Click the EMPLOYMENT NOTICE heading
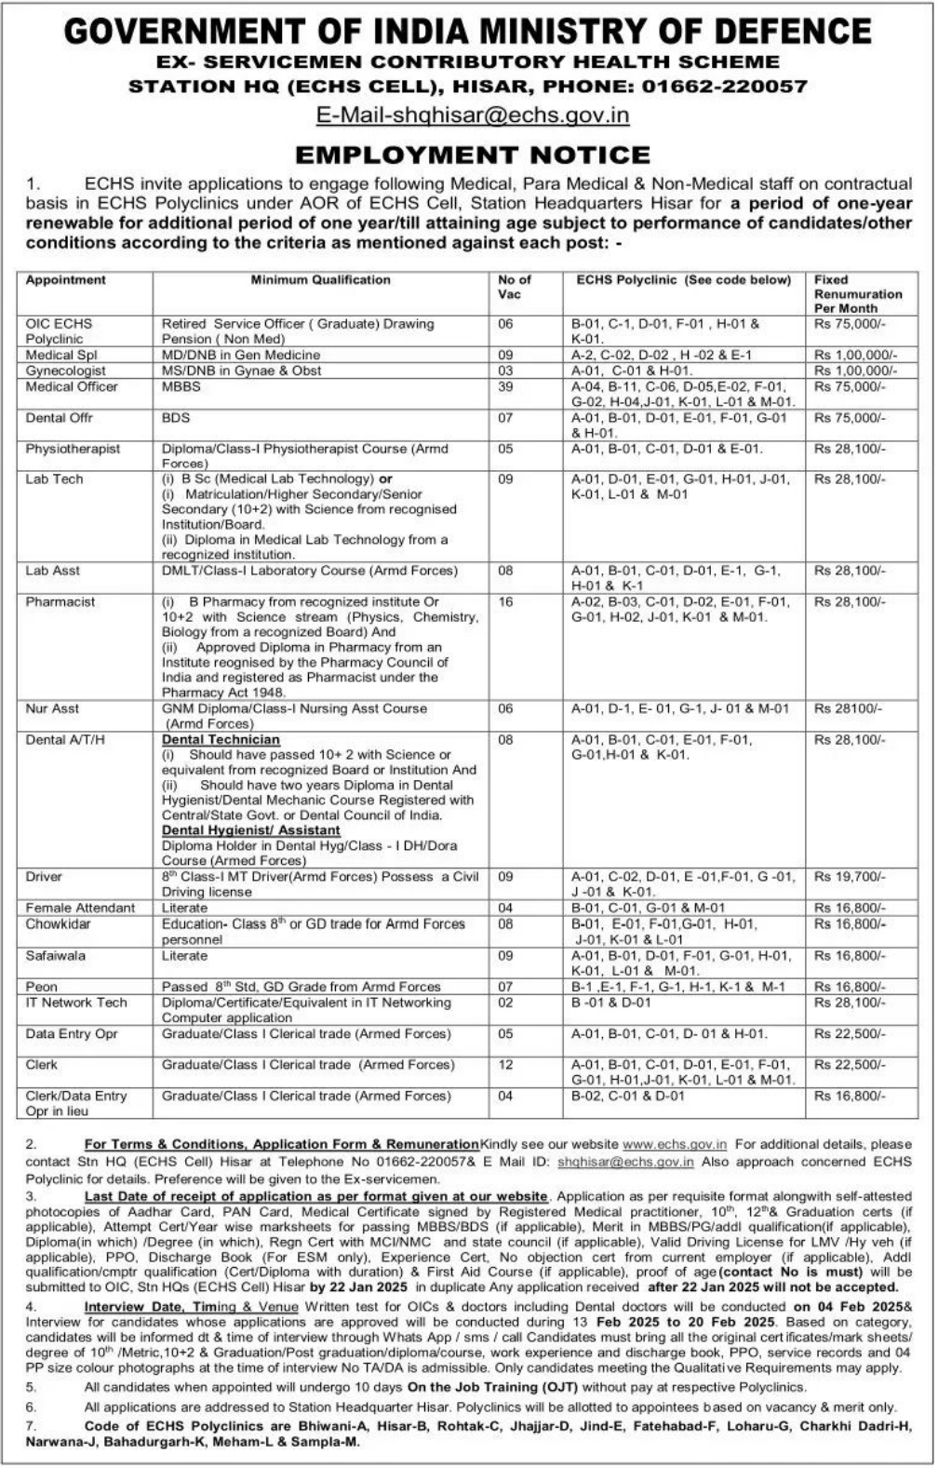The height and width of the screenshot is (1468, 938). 472,155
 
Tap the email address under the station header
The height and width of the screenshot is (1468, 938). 473,115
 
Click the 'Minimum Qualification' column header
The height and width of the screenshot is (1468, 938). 320,280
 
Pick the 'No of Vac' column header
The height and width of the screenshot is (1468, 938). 514,287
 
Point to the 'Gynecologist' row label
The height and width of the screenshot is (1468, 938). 65,370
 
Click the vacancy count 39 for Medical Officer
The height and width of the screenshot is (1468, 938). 505,386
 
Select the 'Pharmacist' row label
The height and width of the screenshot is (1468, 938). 60,602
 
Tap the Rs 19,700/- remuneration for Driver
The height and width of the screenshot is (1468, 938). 850,877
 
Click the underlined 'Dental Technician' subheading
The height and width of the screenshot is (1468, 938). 221,740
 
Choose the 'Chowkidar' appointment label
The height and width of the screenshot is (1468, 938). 58,924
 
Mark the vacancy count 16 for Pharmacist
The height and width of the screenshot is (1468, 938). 505,602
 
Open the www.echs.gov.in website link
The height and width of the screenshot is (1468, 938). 675,1144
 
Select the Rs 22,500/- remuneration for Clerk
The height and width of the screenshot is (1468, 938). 850,1065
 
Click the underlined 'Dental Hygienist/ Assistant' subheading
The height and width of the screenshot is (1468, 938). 250,830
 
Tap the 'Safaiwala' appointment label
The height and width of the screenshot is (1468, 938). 55,956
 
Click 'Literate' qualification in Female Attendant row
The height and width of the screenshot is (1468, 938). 184,908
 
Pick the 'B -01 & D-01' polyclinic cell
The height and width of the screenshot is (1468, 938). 611,1003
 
